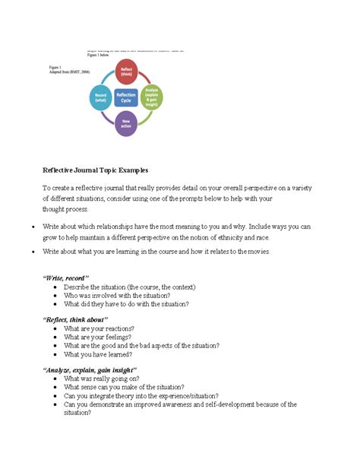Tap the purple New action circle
pos(126,124)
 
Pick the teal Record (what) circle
pos(100,97)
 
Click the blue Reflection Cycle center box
pos(126,97)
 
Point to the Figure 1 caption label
pos(55,67)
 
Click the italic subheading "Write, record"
pos(66,278)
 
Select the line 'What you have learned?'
pos(99,354)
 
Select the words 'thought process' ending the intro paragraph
pos(65,209)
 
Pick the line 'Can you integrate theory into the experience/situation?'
pos(141,395)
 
